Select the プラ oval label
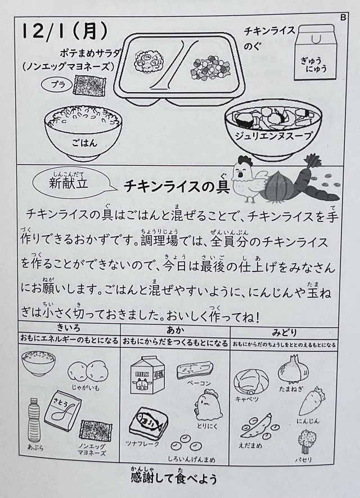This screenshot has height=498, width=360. pos(57,84)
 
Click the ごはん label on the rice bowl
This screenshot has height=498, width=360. pos(84,143)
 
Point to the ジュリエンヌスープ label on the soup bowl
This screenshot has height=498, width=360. pos(273,135)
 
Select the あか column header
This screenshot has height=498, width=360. pos(175,330)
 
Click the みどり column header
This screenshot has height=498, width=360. pos(284,333)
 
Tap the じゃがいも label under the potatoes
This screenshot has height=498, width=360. pos(85,387)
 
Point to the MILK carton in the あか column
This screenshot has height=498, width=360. pos(147,375)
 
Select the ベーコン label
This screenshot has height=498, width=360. pos(199,383)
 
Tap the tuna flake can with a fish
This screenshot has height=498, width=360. pos(148,423)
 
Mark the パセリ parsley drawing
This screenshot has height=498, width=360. pos(305,441)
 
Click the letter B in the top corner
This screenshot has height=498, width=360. pos(343,17)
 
